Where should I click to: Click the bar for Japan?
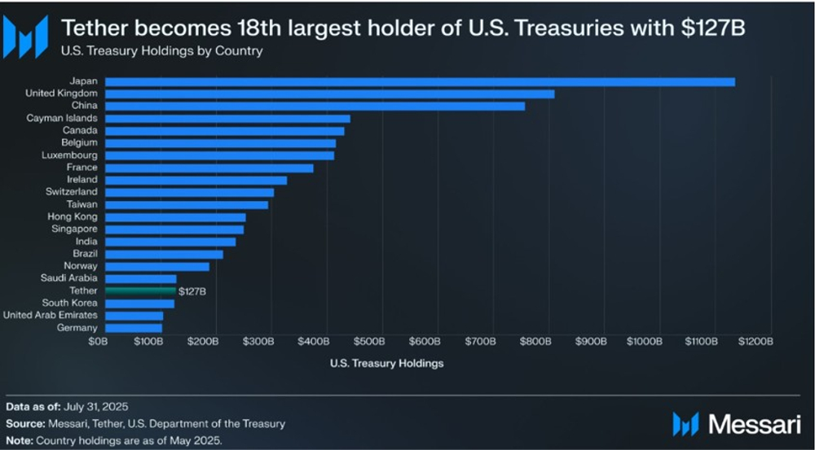pos(420,81)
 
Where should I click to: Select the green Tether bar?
pos(140,291)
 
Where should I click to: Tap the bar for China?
pos(315,106)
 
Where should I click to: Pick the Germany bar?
pos(134,328)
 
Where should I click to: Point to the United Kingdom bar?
pos(329,94)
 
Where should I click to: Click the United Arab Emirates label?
pos(51,315)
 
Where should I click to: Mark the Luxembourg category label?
pos(69,155)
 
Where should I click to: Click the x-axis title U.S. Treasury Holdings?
pos(386,364)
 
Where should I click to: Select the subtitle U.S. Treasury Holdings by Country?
pos(162,50)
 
